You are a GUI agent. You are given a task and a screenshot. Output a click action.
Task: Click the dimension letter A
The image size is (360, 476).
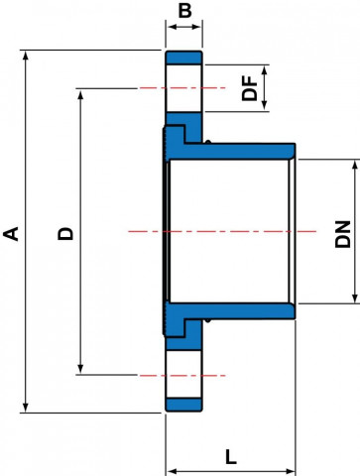click(11, 233)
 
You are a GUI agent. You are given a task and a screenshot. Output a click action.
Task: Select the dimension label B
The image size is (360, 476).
click(184, 11)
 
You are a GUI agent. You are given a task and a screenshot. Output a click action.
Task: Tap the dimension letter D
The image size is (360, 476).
click(65, 233)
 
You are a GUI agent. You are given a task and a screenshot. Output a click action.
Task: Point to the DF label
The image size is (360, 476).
click(250, 88)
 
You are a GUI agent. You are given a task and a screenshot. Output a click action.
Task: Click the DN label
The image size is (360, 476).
click(343, 234)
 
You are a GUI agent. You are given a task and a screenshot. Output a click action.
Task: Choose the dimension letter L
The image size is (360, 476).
click(231, 457)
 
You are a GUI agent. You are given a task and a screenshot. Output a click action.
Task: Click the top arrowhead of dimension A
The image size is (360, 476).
click(25, 56)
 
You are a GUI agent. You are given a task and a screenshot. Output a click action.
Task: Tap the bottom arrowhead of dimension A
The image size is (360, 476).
click(25, 408)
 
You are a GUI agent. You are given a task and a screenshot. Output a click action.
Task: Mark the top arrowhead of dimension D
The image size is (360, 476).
click(80, 94)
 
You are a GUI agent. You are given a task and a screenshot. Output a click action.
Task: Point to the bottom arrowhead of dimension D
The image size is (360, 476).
click(80, 369)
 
